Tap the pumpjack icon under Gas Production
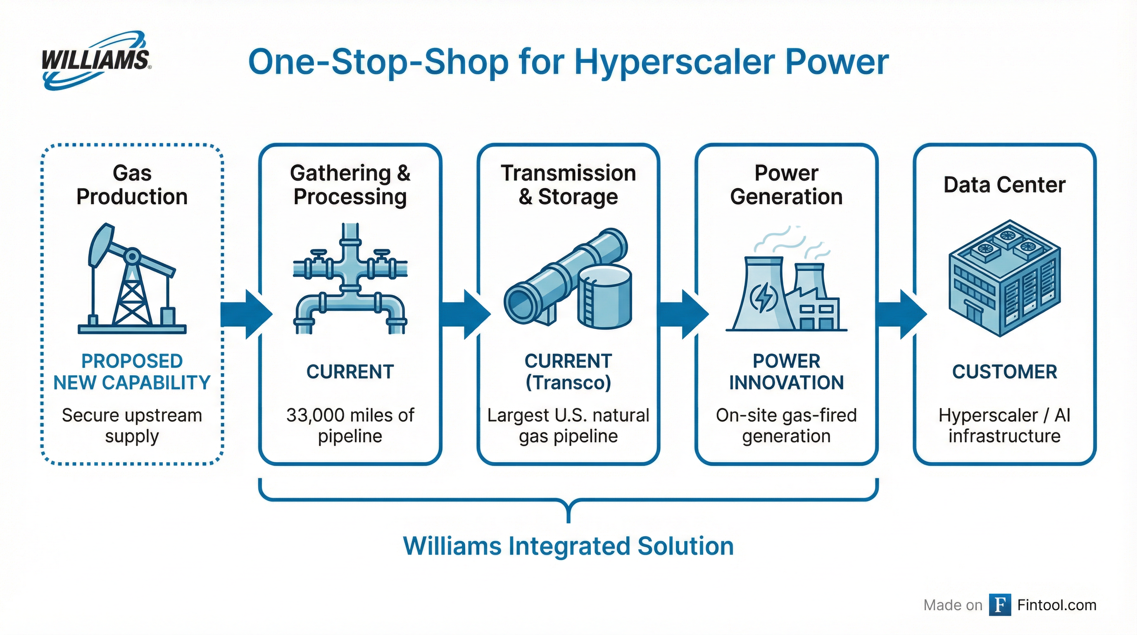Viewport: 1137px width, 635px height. coord(132,279)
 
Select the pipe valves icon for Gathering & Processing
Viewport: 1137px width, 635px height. coord(350,279)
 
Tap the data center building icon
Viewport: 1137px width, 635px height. coord(1004,278)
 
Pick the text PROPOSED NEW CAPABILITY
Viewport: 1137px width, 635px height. coord(132,372)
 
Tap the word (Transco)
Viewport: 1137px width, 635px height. coord(568,382)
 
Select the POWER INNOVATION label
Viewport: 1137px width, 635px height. coord(786,372)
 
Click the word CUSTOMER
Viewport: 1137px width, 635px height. coord(1004,372)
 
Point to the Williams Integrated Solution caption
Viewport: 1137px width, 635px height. coord(568,546)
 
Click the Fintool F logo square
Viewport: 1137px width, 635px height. coord(1000,604)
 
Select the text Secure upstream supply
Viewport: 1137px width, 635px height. coord(132,426)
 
